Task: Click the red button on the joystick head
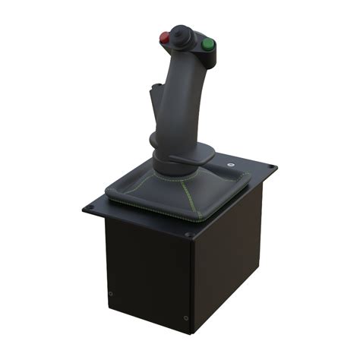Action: tap(165, 37)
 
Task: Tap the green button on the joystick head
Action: tap(207, 44)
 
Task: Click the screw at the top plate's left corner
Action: tap(91, 205)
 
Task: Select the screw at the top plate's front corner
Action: tap(188, 235)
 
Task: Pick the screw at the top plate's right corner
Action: tap(269, 167)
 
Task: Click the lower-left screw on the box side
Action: tap(111, 293)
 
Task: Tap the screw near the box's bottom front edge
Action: tap(186, 317)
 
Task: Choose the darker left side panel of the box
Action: tap(144, 270)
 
